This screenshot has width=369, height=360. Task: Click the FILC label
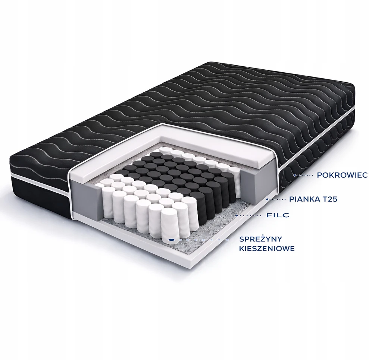[278, 215]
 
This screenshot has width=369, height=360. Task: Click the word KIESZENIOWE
[267, 249]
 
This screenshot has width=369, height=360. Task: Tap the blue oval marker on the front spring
[172, 240]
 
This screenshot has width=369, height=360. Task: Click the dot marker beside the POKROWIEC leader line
[294, 175]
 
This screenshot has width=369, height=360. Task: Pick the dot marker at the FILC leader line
[237, 215]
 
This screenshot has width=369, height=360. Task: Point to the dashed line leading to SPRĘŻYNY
[202, 240]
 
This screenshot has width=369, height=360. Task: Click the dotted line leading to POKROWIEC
[304, 175]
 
